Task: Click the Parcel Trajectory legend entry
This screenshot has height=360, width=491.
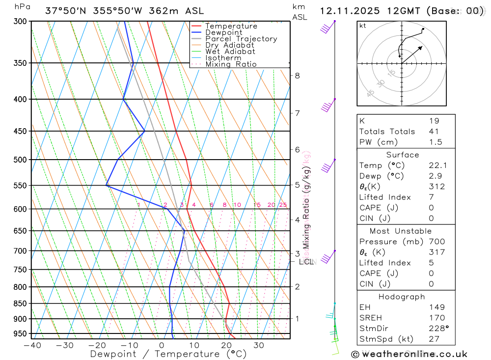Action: tap(241, 39)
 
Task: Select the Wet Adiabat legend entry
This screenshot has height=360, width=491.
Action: tap(230, 52)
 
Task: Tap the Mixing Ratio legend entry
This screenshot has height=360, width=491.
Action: tap(231, 64)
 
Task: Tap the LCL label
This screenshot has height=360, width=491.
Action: tap(306, 262)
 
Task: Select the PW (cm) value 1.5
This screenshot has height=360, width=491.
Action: tap(436, 142)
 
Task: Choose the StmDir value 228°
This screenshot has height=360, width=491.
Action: tap(439, 329)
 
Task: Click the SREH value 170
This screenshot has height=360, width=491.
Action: tap(436, 318)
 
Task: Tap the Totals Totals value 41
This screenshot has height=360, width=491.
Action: tap(434, 131)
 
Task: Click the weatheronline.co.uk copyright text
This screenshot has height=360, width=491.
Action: tap(409, 354)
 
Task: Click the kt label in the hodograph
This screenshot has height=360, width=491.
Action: tap(363, 26)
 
